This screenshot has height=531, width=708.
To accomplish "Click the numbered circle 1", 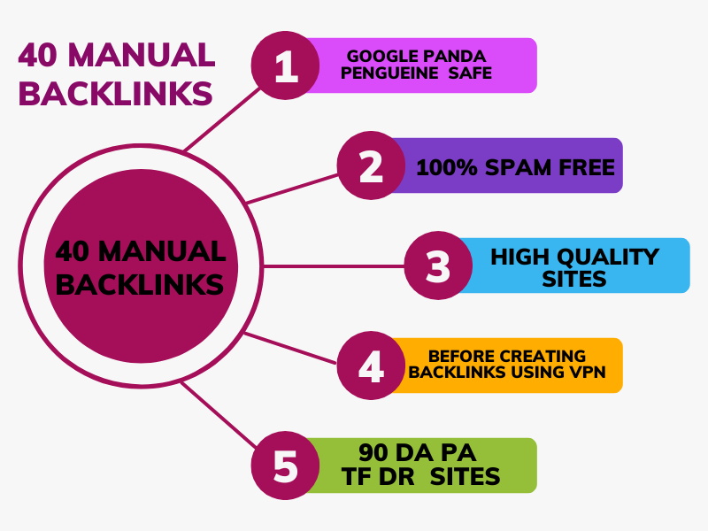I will click(286, 65).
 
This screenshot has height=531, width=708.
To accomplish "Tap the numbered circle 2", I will click(371, 165).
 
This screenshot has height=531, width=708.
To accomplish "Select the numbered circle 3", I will click(438, 265).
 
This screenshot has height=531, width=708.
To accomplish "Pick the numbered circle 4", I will click(371, 366).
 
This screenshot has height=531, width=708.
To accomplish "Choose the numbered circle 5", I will click(286, 466).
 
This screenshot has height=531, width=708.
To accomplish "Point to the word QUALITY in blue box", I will click(612, 257).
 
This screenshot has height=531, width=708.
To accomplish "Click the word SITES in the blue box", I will click(575, 280).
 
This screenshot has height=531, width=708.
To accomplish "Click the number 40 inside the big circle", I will click(73, 251).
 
